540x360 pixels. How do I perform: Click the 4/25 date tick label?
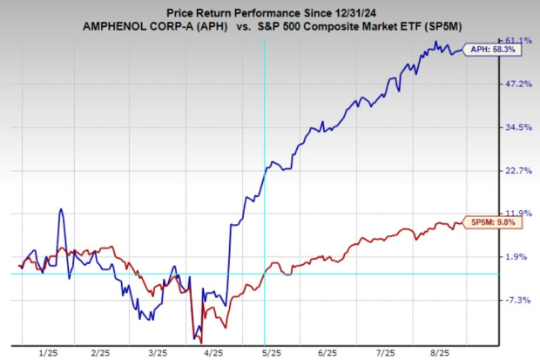coord(214,352)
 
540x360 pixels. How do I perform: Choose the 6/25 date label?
coord(327,352)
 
